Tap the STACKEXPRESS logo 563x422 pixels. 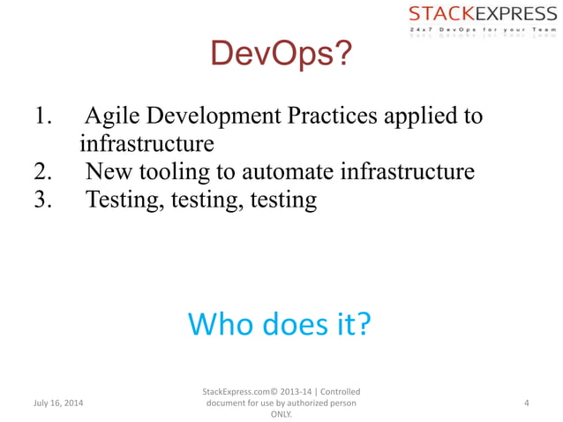click(476, 14)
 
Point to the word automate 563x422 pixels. click(287, 171)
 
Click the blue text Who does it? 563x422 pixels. click(279, 324)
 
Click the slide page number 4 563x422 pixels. click(526, 403)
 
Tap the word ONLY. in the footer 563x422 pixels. click(281, 413)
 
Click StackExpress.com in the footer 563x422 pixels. click(236, 391)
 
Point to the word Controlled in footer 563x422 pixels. click(340, 391)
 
